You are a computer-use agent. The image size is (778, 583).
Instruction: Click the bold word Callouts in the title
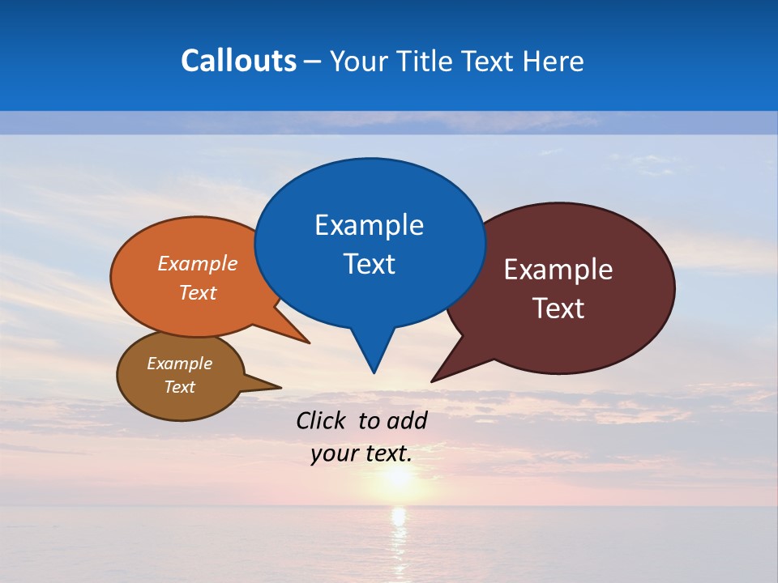pyautogui.click(x=238, y=62)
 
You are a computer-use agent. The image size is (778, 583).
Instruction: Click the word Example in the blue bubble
pyautogui.click(x=369, y=225)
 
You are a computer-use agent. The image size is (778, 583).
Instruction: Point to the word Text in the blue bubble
pyautogui.click(x=369, y=264)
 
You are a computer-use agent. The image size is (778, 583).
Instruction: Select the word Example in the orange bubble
pyautogui.click(x=197, y=264)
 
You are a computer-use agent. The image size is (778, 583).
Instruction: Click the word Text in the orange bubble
pyautogui.click(x=197, y=293)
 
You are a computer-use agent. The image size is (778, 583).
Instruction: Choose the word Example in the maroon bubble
pyautogui.click(x=558, y=270)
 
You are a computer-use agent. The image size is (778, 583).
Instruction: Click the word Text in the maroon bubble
pyautogui.click(x=558, y=309)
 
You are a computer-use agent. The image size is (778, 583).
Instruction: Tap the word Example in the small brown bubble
pyautogui.click(x=179, y=364)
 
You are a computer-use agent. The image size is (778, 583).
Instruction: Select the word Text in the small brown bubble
pyautogui.click(x=179, y=387)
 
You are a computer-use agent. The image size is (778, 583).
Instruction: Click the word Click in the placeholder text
pyautogui.click(x=322, y=420)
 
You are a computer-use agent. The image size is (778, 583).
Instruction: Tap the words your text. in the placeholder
pyautogui.click(x=361, y=454)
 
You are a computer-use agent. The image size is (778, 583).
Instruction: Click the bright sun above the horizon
pyautogui.click(x=396, y=478)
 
